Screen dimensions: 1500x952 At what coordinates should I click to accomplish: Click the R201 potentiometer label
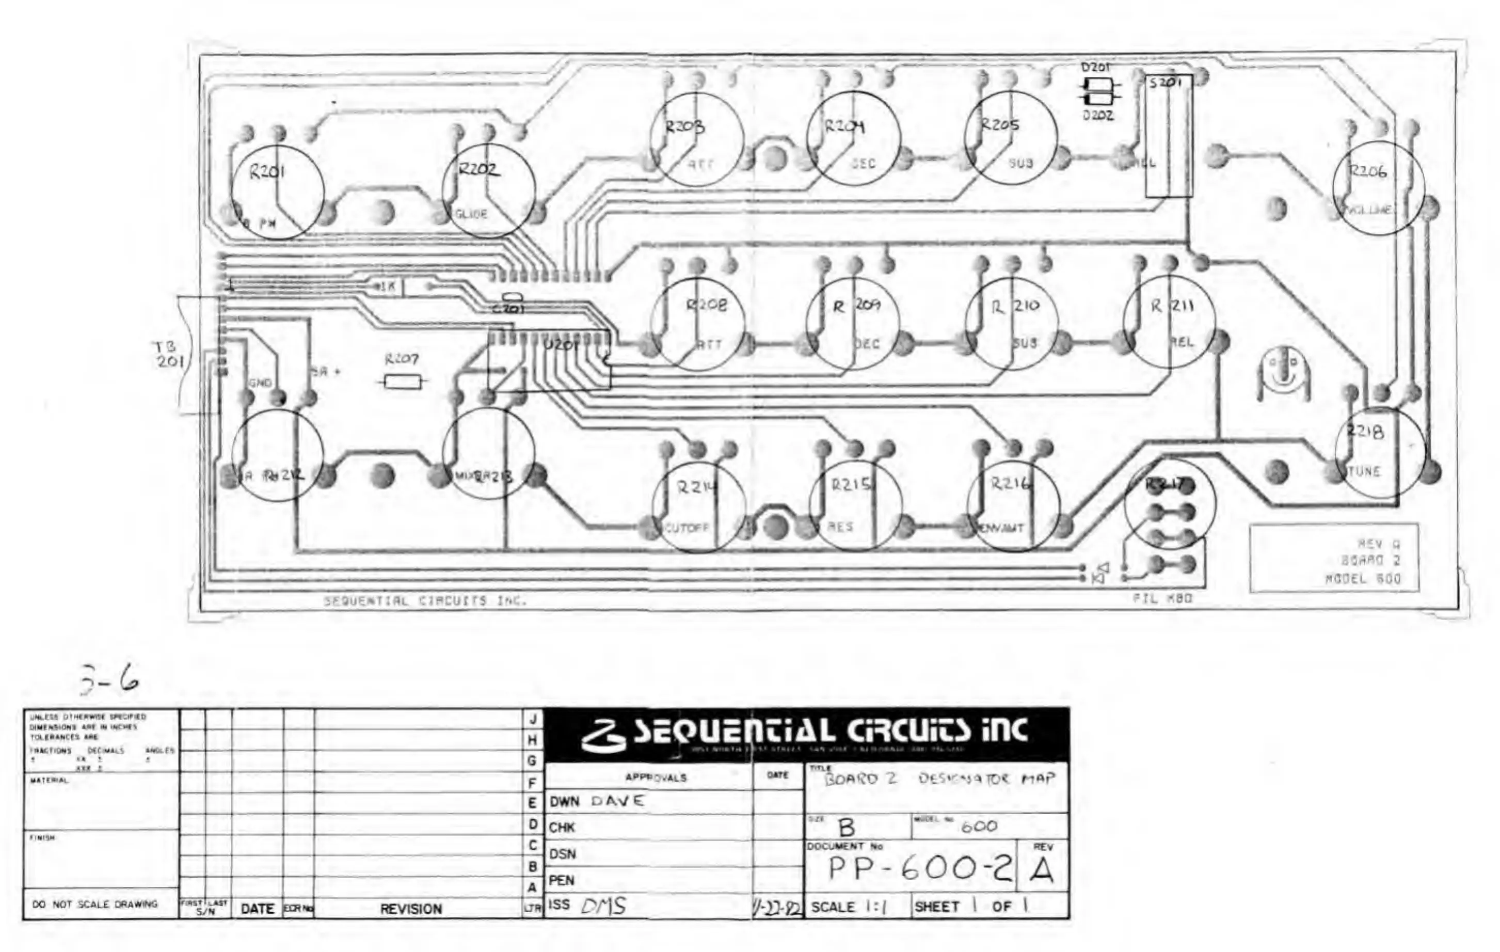(267, 171)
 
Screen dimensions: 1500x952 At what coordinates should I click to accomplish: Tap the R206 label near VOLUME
(1368, 171)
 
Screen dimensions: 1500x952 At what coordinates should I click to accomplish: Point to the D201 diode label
(1096, 67)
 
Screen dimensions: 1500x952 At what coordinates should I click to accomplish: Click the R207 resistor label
(401, 359)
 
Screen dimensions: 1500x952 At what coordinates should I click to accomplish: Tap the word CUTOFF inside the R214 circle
(686, 528)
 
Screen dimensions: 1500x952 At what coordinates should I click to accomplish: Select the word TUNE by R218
(1363, 472)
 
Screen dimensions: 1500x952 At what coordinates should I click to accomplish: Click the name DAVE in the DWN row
(617, 801)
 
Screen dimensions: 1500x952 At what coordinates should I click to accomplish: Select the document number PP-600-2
(919, 870)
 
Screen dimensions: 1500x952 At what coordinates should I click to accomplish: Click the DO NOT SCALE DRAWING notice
(94, 904)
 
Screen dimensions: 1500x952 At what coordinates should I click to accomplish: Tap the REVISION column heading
(411, 909)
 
